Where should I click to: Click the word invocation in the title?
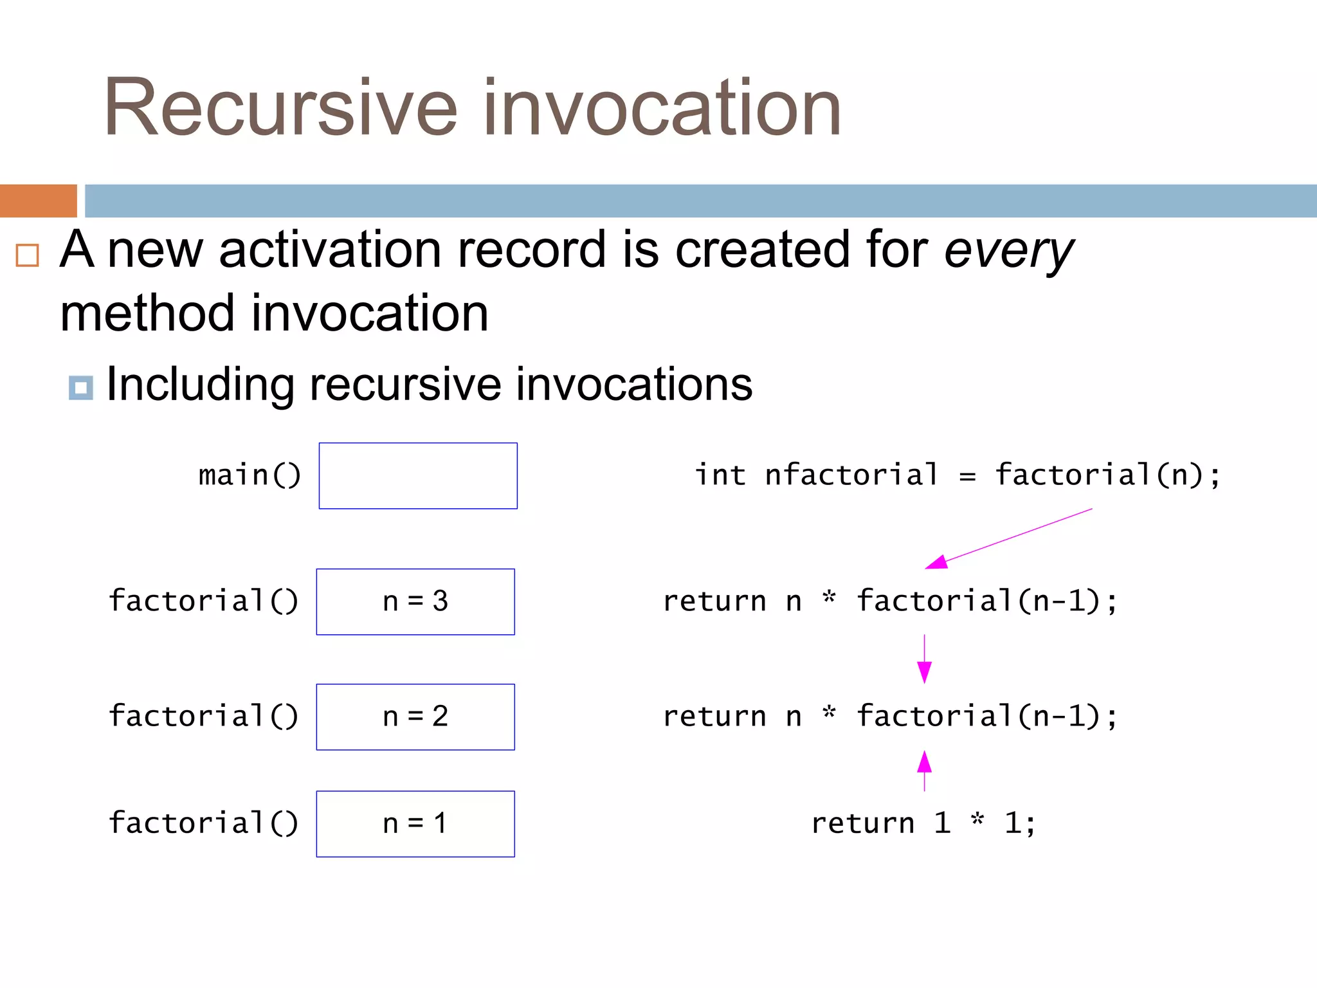[662, 107]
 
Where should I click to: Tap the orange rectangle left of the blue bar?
[38, 201]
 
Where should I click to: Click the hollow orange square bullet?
[28, 255]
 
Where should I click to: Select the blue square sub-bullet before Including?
[80, 388]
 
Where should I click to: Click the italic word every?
[1008, 251]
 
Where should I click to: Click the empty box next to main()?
[418, 476]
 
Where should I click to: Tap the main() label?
[250, 475]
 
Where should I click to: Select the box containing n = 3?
[415, 601]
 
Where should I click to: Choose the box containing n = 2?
[415, 717]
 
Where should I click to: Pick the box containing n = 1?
[415, 823]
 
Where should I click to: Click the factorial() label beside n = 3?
[203, 601]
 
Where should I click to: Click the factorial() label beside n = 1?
[203, 823]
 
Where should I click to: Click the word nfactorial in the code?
[851, 475]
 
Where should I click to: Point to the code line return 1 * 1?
[923, 823]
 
